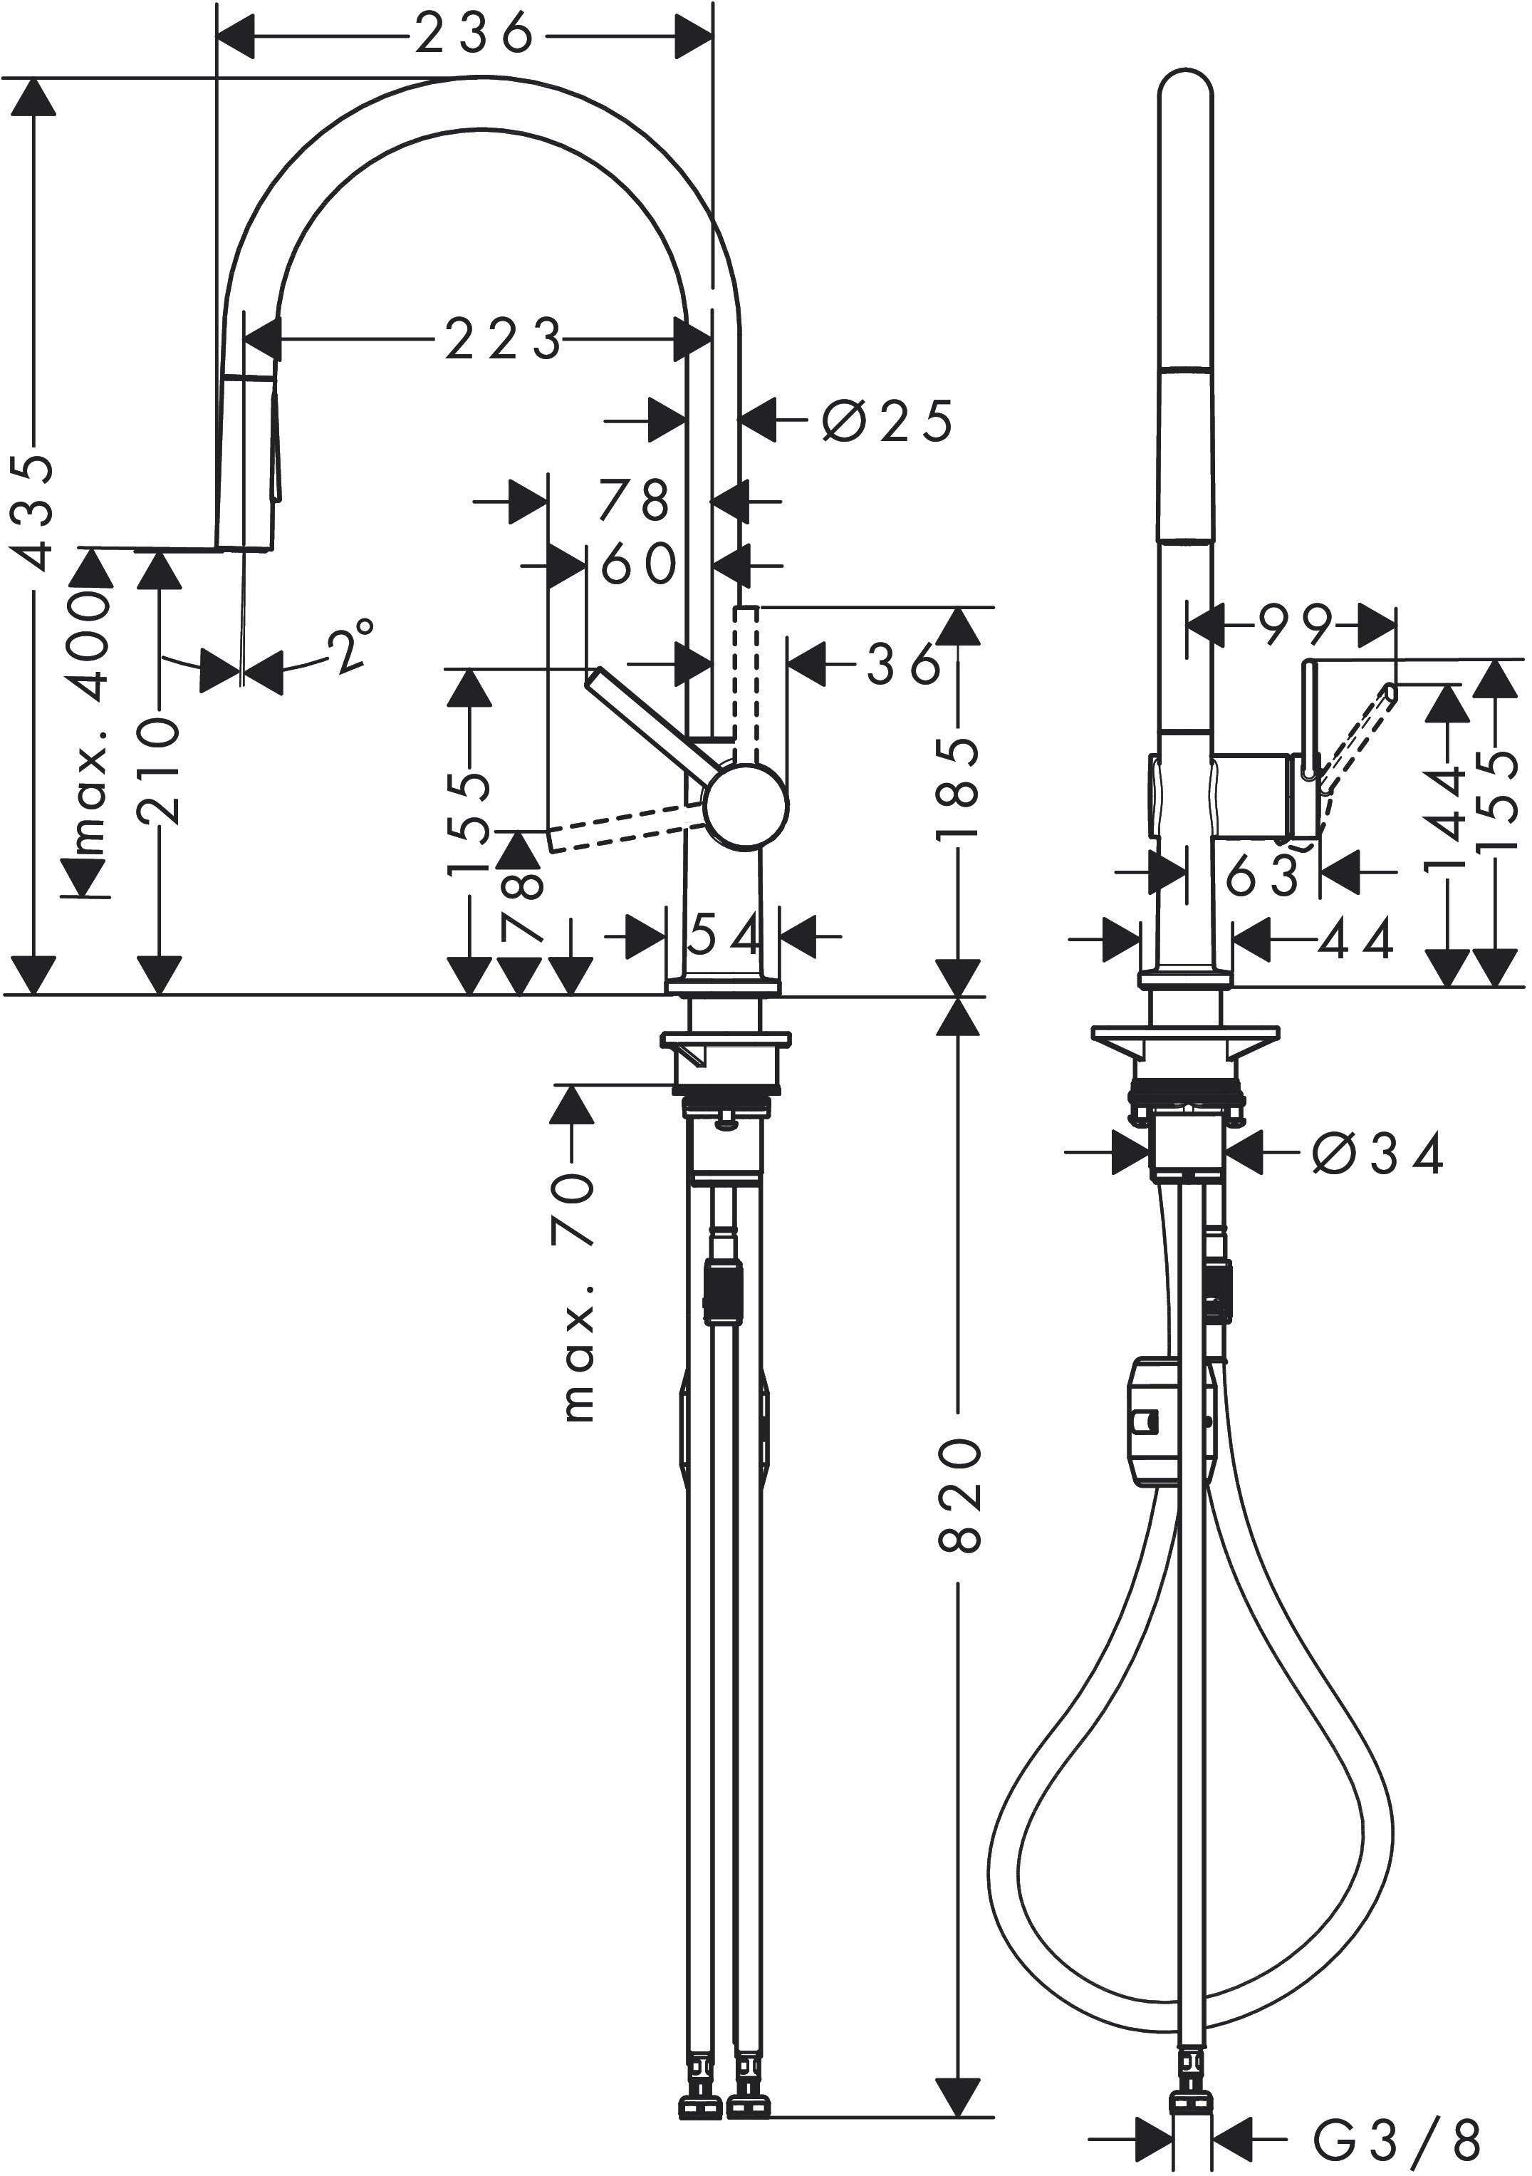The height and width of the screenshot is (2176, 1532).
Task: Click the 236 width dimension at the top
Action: (x=474, y=36)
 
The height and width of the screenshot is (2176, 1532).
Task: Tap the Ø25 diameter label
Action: (x=887, y=422)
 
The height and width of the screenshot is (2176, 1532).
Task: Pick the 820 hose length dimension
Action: (x=960, y=1495)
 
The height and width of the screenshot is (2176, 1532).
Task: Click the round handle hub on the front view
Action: (x=746, y=804)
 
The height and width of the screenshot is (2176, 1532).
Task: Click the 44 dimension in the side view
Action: (x=1356, y=940)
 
